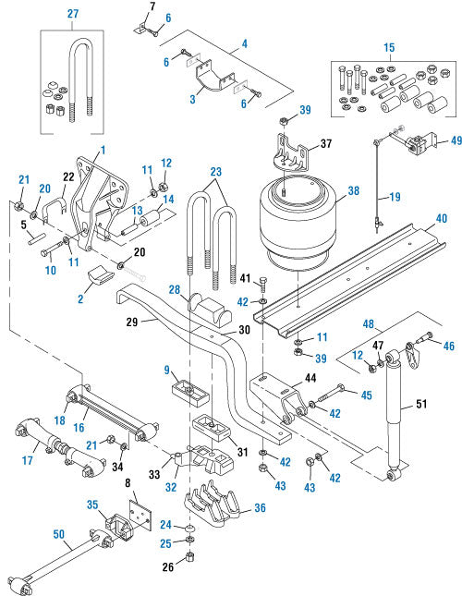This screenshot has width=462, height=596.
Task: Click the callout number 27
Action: pos(72,13)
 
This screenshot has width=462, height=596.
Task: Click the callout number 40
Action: pos(441,218)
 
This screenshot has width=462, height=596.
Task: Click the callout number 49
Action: pos(455,141)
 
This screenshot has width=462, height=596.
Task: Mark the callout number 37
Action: pos(324,143)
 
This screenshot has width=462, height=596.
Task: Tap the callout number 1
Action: pos(103,150)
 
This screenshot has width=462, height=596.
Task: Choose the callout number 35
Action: pos(92,505)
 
